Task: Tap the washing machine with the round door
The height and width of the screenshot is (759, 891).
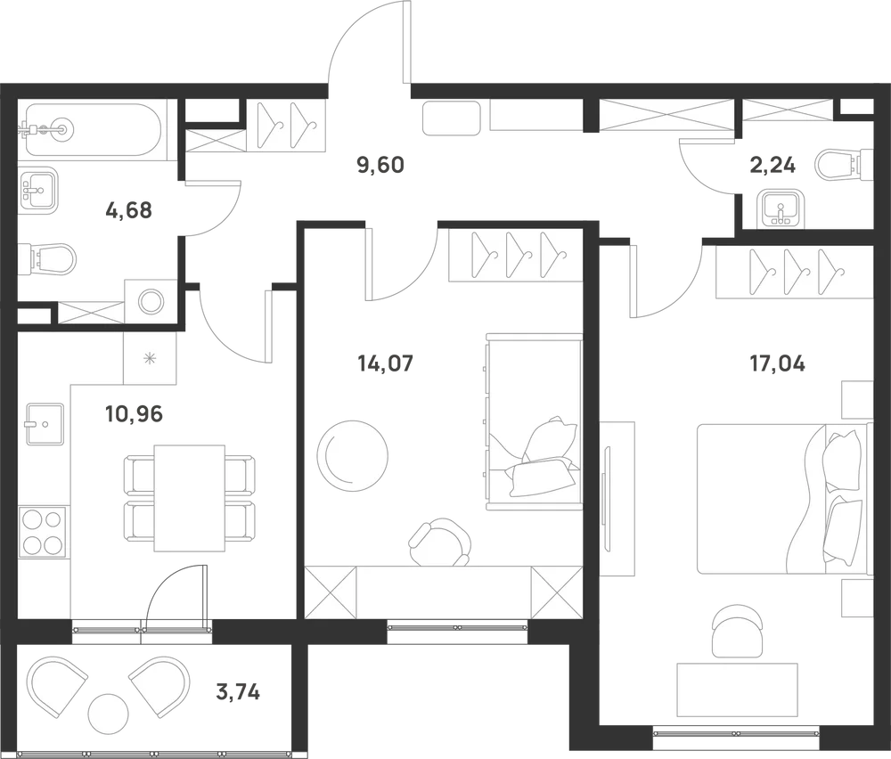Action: point(150,301)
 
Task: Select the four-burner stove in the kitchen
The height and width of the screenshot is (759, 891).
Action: point(44,531)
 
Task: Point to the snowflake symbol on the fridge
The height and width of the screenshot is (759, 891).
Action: point(150,358)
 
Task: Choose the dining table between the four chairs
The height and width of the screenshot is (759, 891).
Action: point(189,497)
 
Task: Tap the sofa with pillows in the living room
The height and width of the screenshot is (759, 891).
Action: point(531,420)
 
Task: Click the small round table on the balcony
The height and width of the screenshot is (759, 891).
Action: point(109,714)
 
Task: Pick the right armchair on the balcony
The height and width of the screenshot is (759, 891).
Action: point(161,683)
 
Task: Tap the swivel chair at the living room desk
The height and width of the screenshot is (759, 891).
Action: point(439,543)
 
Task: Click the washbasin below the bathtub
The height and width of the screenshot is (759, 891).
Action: point(37,189)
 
